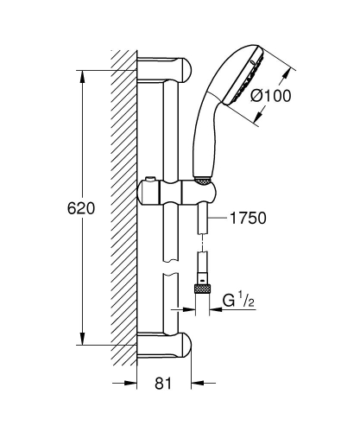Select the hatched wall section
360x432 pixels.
click(124, 207)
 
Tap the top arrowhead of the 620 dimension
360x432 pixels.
click(82, 74)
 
